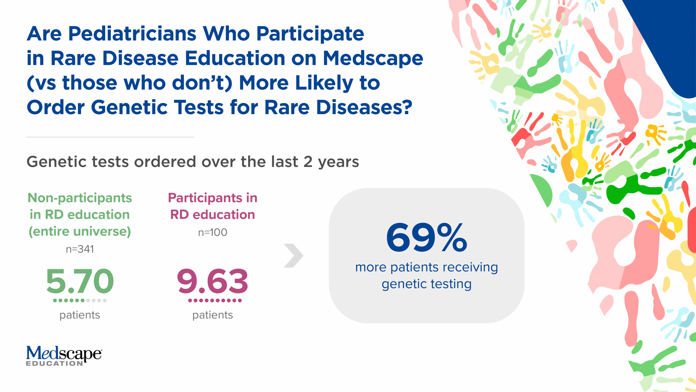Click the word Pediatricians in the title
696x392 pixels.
coord(132,34)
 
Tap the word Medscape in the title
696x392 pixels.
coord(373,58)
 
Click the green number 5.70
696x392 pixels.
coord(80,281)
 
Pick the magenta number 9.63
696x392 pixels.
coord(213,281)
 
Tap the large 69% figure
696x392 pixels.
coord(426,237)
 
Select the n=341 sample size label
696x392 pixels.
coord(80,249)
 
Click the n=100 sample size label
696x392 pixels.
coord(213,232)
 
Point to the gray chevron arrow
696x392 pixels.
coord(293,256)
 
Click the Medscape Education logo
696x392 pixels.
coord(64,356)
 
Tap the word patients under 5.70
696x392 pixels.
coord(80,315)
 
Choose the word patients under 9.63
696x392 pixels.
coord(213,315)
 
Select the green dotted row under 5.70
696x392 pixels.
coord(80,301)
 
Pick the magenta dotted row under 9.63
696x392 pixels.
coord(215,301)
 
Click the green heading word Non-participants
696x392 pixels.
coord(80,198)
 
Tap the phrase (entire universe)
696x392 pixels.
coord(80,231)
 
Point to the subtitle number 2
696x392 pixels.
coord(308,162)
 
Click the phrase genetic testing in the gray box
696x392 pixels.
coord(426,284)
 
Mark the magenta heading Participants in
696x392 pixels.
coord(213,198)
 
